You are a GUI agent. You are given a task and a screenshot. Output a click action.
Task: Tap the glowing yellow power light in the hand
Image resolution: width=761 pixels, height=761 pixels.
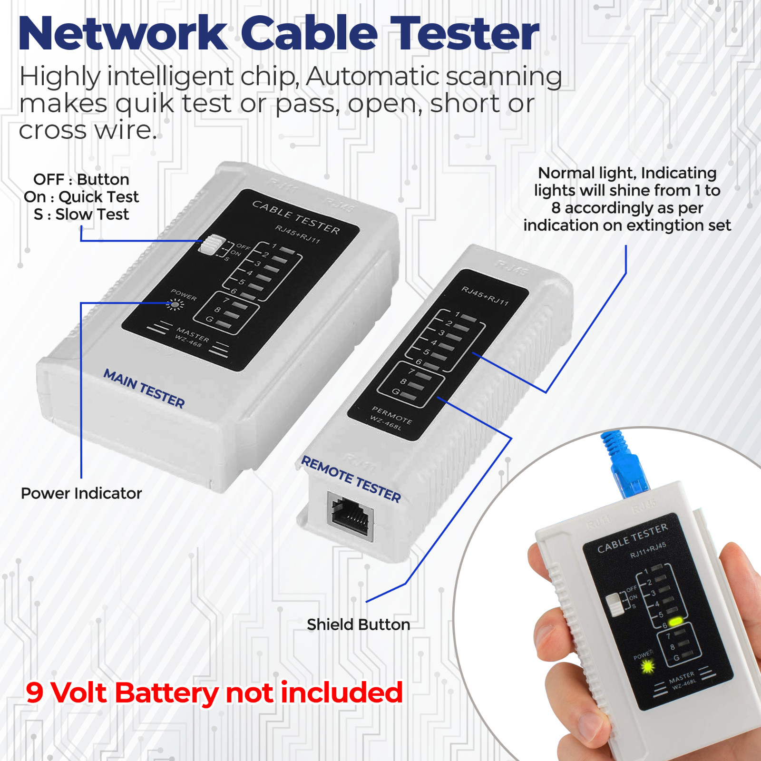(648, 667)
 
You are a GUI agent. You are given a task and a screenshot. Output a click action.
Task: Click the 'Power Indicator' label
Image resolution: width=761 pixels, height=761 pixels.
(81, 493)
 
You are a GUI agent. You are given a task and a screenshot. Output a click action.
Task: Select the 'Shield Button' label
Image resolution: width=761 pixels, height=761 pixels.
(359, 624)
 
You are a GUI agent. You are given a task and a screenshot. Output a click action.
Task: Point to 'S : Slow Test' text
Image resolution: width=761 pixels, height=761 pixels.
(81, 215)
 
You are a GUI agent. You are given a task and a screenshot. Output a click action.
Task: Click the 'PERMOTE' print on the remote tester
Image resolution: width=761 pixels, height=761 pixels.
(392, 415)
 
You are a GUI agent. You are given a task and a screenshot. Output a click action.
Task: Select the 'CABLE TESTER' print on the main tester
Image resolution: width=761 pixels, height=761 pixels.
(296, 217)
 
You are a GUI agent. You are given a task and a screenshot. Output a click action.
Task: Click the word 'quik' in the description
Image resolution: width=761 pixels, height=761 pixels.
(145, 104)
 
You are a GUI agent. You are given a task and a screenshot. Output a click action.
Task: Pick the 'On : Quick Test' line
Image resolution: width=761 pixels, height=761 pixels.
(81, 197)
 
